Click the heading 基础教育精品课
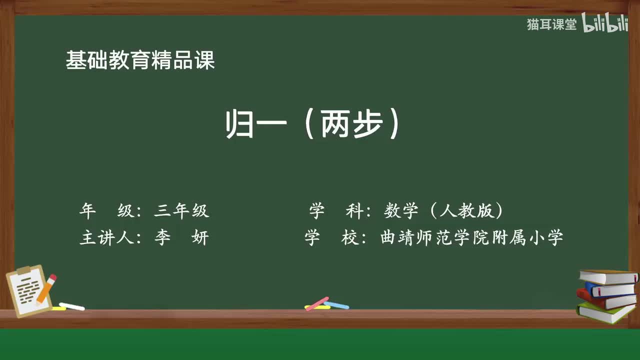tap(140, 60)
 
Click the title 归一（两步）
tap(313, 124)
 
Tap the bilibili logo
tap(605, 24)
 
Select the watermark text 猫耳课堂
tap(551, 24)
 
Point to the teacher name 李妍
tap(181, 238)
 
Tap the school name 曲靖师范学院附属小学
tap(472, 238)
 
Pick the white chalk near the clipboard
tap(72, 306)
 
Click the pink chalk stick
tap(317, 303)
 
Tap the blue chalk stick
tap(336, 304)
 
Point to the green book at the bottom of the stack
tap(605, 312)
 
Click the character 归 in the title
tap(238, 124)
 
